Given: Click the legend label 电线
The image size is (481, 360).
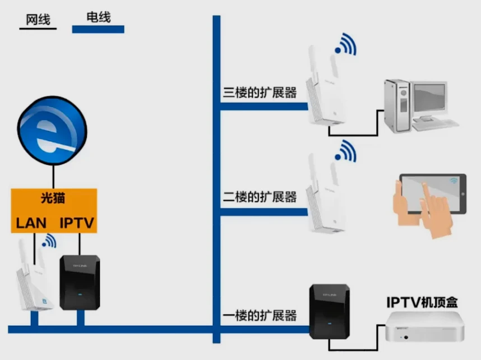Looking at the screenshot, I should (98, 17).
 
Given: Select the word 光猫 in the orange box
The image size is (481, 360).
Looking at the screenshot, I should (54, 198).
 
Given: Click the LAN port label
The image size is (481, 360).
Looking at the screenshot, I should (31, 223).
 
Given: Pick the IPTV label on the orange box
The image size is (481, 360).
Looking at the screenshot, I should (78, 223).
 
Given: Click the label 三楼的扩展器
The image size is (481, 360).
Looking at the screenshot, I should (260, 93).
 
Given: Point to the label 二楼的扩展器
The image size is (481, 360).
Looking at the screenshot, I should (260, 197).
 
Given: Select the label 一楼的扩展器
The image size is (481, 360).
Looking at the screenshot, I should (260, 316).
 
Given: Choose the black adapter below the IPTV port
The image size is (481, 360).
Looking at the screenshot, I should (80, 283).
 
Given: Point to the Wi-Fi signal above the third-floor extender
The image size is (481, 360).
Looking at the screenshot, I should (345, 43).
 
